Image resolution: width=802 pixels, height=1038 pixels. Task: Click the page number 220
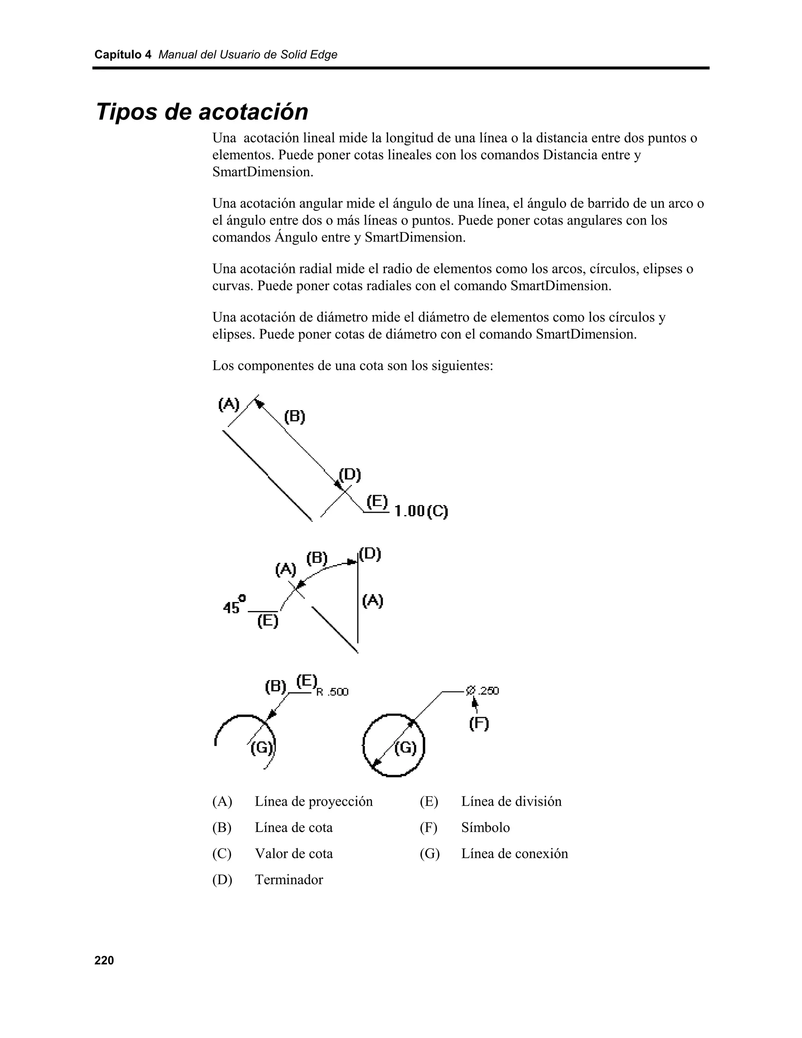point(104,960)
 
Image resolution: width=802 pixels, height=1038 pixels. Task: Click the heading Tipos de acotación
point(202,112)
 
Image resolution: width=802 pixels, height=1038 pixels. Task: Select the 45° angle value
point(234,605)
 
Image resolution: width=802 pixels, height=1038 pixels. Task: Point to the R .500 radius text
point(332,692)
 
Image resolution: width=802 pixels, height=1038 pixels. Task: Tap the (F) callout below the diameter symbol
point(479,723)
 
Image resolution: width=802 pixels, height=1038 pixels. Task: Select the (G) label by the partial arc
point(262,748)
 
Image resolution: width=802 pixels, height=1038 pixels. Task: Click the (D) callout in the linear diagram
point(350,474)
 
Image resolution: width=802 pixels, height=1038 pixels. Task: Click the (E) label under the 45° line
point(267,621)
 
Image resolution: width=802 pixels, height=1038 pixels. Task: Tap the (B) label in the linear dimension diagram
point(294,416)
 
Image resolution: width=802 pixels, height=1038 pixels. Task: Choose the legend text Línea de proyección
point(314,801)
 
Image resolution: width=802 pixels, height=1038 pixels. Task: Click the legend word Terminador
point(289,879)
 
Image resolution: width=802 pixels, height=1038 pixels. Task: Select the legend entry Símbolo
point(485,827)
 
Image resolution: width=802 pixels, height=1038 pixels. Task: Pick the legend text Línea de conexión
point(514,853)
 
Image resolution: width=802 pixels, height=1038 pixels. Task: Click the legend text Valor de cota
point(294,853)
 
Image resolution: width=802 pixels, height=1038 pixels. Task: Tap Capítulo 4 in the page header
point(123,55)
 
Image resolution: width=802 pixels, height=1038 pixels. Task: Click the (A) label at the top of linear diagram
point(229,405)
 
